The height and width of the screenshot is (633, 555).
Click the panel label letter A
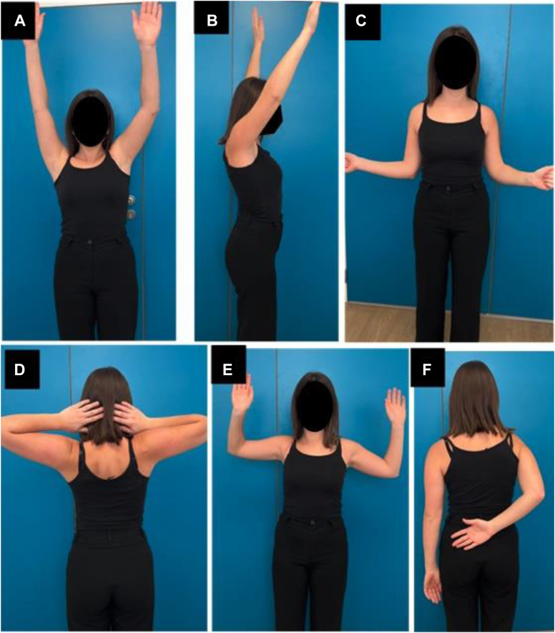[19, 21]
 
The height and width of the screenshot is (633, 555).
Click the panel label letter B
[212, 21]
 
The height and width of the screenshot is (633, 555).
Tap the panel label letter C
[361, 21]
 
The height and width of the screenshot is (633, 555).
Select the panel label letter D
[20, 370]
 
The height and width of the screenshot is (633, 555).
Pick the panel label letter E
[228, 370]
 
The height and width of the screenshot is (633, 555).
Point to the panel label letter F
[427, 370]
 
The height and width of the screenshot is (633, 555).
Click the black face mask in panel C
[456, 63]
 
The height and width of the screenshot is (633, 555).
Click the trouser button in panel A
[89, 241]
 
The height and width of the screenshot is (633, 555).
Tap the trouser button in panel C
[448, 187]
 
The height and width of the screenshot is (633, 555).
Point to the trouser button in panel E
[312, 522]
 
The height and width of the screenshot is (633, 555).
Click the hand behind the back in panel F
[471, 533]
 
